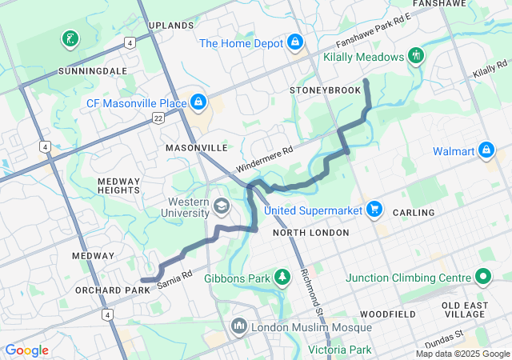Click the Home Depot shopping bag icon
pos(295,42)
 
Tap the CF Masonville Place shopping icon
pos(198,102)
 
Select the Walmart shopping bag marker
pos(486,150)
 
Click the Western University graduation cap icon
pos(220,208)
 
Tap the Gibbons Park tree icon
pos(282,278)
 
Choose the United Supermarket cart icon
pos(374,210)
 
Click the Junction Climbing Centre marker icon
pos(482,278)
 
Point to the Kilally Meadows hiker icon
pos(415,56)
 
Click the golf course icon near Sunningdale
pos(70,38)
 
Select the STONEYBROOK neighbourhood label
pos(325,90)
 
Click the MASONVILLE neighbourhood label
pos(197,148)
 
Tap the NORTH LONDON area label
pos(310,233)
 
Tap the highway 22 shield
pos(158,118)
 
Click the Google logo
pos(26,350)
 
